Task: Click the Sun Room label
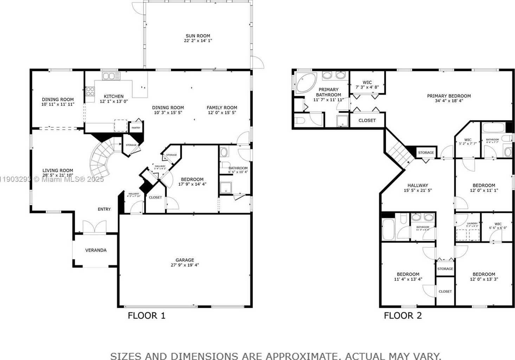[x=198, y=36]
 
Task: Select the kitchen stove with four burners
[x=90, y=91]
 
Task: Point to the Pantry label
[x=136, y=128]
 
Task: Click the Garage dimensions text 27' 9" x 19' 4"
[x=185, y=265]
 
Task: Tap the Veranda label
[x=96, y=250]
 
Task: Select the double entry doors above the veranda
[x=95, y=227]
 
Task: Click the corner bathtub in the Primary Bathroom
[x=305, y=83]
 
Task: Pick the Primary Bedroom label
[x=449, y=96]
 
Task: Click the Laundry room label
[x=472, y=224]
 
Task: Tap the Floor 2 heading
[x=403, y=315]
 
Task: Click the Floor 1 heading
[x=146, y=315]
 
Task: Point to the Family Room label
[x=222, y=108]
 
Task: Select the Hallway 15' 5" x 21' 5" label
[x=418, y=188]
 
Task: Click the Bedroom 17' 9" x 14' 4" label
[x=192, y=181]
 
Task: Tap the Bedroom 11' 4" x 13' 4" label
[x=408, y=277]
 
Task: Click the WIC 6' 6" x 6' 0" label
[x=498, y=226]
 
